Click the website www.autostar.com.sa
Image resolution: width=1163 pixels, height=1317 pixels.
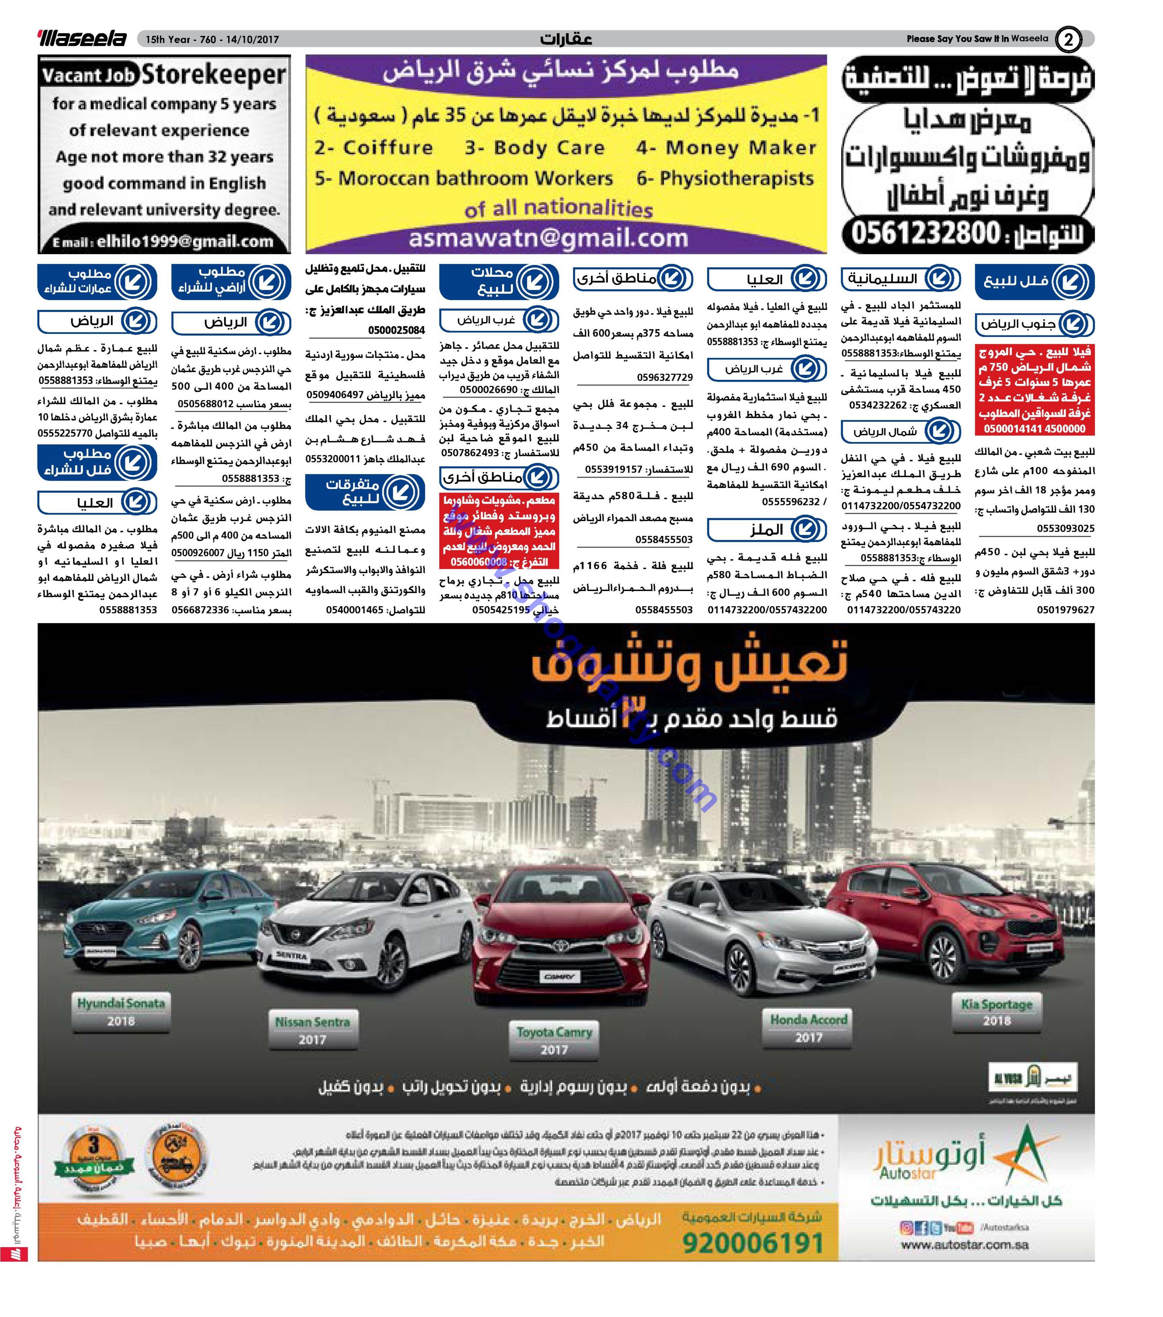coord(964,1245)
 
